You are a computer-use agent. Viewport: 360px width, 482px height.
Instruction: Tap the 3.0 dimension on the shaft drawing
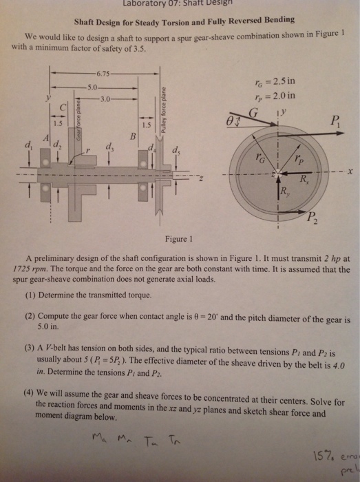105,99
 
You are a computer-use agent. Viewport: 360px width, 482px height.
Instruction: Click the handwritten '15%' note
326,455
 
